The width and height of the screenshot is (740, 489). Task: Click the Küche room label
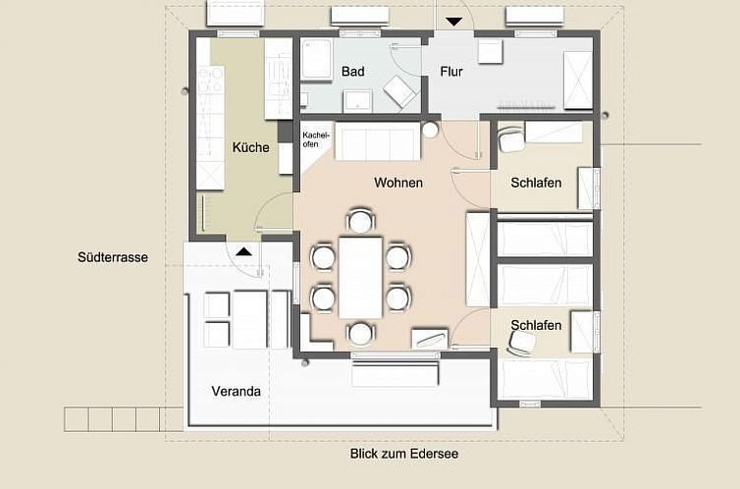tap(250, 147)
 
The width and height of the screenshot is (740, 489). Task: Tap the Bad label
tap(353, 72)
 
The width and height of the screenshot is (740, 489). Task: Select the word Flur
tap(451, 72)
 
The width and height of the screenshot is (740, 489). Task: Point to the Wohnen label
tap(398, 183)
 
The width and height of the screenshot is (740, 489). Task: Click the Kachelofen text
tap(316, 139)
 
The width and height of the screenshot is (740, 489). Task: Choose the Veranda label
tap(236, 391)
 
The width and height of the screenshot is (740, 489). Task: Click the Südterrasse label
tap(113, 257)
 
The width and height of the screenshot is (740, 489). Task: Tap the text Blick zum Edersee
tap(404, 454)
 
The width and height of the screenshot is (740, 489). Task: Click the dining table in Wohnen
tap(360, 277)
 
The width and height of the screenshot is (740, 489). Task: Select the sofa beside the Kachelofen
tap(377, 141)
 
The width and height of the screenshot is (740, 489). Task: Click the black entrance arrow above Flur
tap(454, 22)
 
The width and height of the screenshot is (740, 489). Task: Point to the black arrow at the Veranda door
tap(243, 251)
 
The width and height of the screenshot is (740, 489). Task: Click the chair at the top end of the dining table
tap(360, 220)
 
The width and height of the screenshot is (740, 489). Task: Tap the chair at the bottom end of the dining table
tap(360, 333)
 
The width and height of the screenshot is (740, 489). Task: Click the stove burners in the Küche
tap(210, 81)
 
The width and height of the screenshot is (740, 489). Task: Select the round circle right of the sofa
tap(430, 130)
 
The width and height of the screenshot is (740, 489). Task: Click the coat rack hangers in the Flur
tap(525, 105)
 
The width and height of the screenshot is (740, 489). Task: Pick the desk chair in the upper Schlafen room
tap(510, 137)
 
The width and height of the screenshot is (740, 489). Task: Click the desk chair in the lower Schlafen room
tap(520, 343)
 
